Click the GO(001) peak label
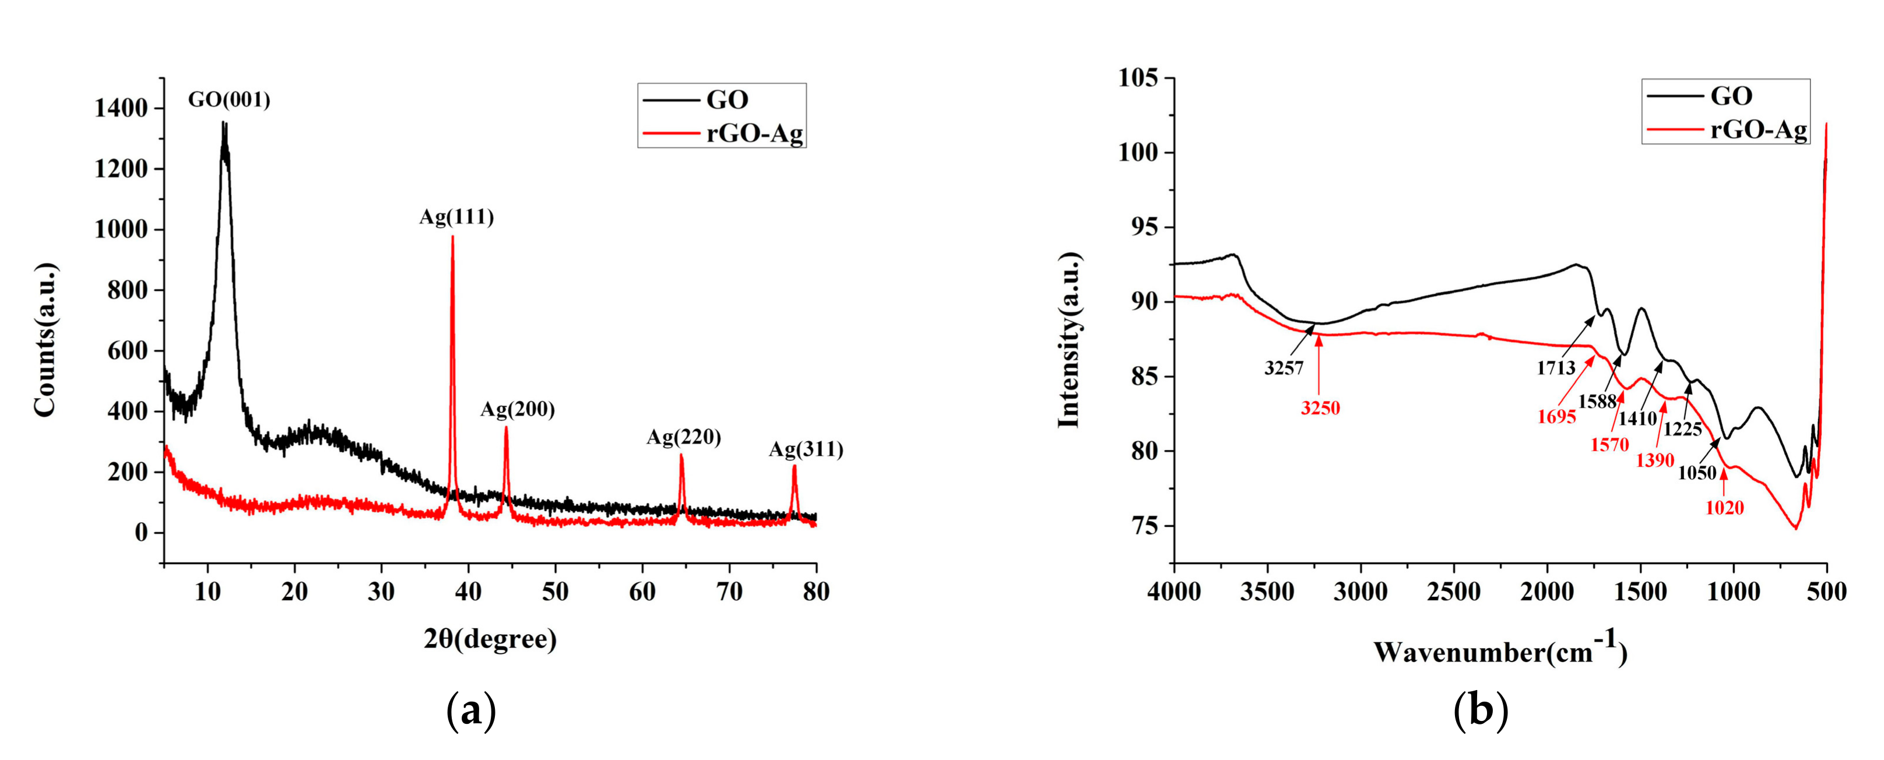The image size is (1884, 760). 229,100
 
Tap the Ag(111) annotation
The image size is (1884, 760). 456,217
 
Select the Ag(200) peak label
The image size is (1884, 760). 517,410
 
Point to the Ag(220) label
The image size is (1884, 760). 683,438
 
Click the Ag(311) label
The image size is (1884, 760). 805,449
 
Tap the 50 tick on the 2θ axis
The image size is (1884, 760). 555,591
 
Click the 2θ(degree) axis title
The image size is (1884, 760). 490,639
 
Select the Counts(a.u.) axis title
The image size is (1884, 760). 45,340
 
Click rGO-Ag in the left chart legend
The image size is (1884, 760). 754,134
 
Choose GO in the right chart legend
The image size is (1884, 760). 1731,96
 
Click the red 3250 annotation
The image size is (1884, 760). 1320,408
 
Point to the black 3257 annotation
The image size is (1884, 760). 1284,368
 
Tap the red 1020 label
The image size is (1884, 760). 1724,507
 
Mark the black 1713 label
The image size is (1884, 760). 1556,368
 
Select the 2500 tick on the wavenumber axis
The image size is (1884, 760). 1453,591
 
